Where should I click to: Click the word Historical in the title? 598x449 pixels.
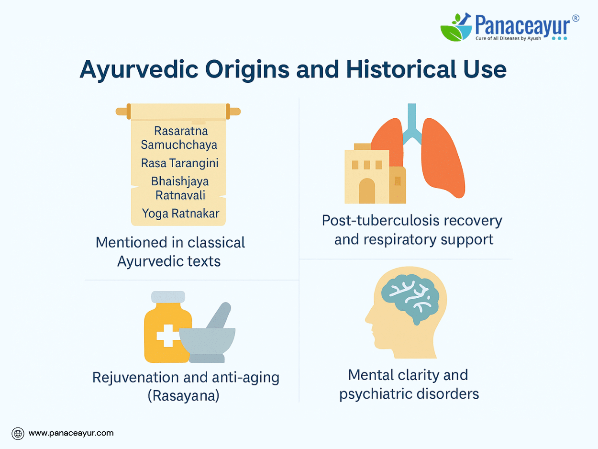pos(401,69)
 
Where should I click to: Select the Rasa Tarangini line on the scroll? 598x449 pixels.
pos(179,163)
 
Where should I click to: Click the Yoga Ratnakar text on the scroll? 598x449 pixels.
pos(180,213)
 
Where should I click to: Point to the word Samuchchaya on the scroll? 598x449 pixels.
pos(179,145)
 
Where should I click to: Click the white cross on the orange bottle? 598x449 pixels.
pos(168,336)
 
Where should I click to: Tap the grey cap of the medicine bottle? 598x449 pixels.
pos(168,297)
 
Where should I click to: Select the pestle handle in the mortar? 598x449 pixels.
pos(220,315)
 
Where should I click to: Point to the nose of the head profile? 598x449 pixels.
pos(368,318)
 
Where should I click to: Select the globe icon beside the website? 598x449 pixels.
pos(18,434)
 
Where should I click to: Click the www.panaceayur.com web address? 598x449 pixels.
pos(71,433)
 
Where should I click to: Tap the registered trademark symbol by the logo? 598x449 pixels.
pos(576,18)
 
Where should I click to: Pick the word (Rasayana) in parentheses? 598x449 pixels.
pos(183,395)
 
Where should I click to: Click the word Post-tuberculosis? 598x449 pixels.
pos(381,221)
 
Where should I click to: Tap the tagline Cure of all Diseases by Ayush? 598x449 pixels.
pos(508,38)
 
